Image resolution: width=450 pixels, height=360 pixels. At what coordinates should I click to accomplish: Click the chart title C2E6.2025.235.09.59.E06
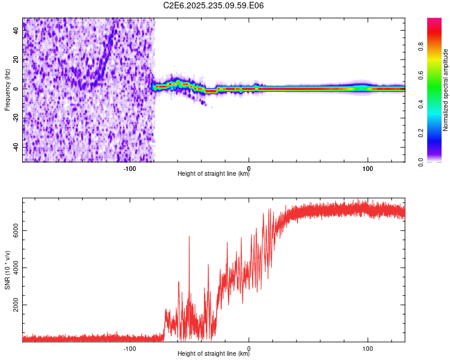[x=214, y=5]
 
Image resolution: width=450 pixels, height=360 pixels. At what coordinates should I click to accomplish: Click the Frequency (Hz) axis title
[x=7, y=90]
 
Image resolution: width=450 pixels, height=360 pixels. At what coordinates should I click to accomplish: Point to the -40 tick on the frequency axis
[x=16, y=147]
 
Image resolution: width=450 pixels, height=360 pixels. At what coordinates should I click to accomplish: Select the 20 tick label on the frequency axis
[x=16, y=59]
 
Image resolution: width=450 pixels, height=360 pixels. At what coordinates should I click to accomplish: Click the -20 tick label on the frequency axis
[x=16, y=118]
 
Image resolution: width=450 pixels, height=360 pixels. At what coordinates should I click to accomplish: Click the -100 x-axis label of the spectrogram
[x=130, y=169]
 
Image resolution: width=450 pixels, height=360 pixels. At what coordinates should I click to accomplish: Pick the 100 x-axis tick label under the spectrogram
[x=368, y=169]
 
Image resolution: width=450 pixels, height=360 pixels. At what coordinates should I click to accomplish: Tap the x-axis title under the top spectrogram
[x=214, y=175]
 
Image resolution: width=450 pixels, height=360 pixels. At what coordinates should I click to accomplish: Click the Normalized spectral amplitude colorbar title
[x=446, y=90]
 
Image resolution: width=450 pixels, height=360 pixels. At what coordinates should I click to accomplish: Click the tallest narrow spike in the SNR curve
[x=189, y=238]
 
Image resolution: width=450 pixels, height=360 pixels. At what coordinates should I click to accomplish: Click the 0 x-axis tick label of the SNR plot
[x=249, y=348]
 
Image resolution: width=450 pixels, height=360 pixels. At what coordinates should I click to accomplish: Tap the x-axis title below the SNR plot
[x=214, y=354]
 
